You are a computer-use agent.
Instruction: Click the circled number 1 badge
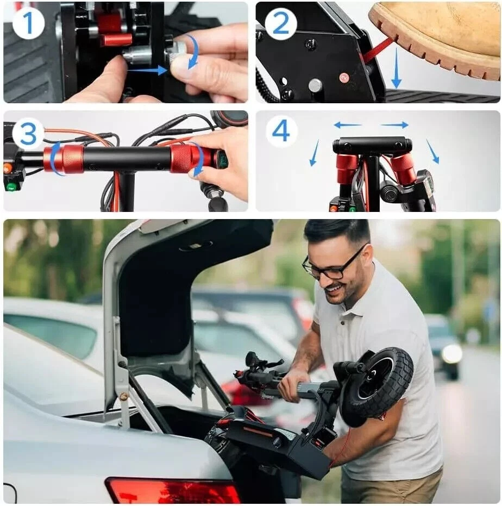(28, 23)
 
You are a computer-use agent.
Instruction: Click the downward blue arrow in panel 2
(396, 67)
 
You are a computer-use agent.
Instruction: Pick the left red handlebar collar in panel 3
(64, 159)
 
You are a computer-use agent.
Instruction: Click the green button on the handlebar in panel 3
(11, 187)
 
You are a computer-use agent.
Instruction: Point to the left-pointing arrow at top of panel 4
(348, 124)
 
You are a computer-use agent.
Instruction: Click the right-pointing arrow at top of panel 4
(394, 124)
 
